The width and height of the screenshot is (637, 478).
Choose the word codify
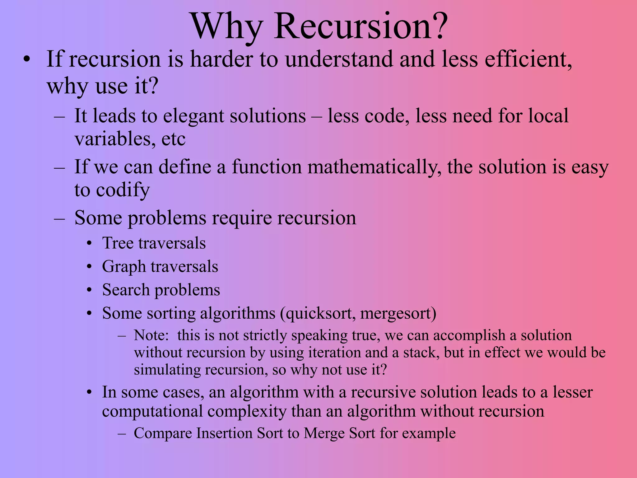[123, 190]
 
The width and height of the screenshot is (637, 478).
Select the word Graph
[124, 267]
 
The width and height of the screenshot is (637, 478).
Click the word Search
[126, 290]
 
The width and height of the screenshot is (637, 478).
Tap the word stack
[421, 353]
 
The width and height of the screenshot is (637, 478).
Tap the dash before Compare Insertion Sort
[122, 433]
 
